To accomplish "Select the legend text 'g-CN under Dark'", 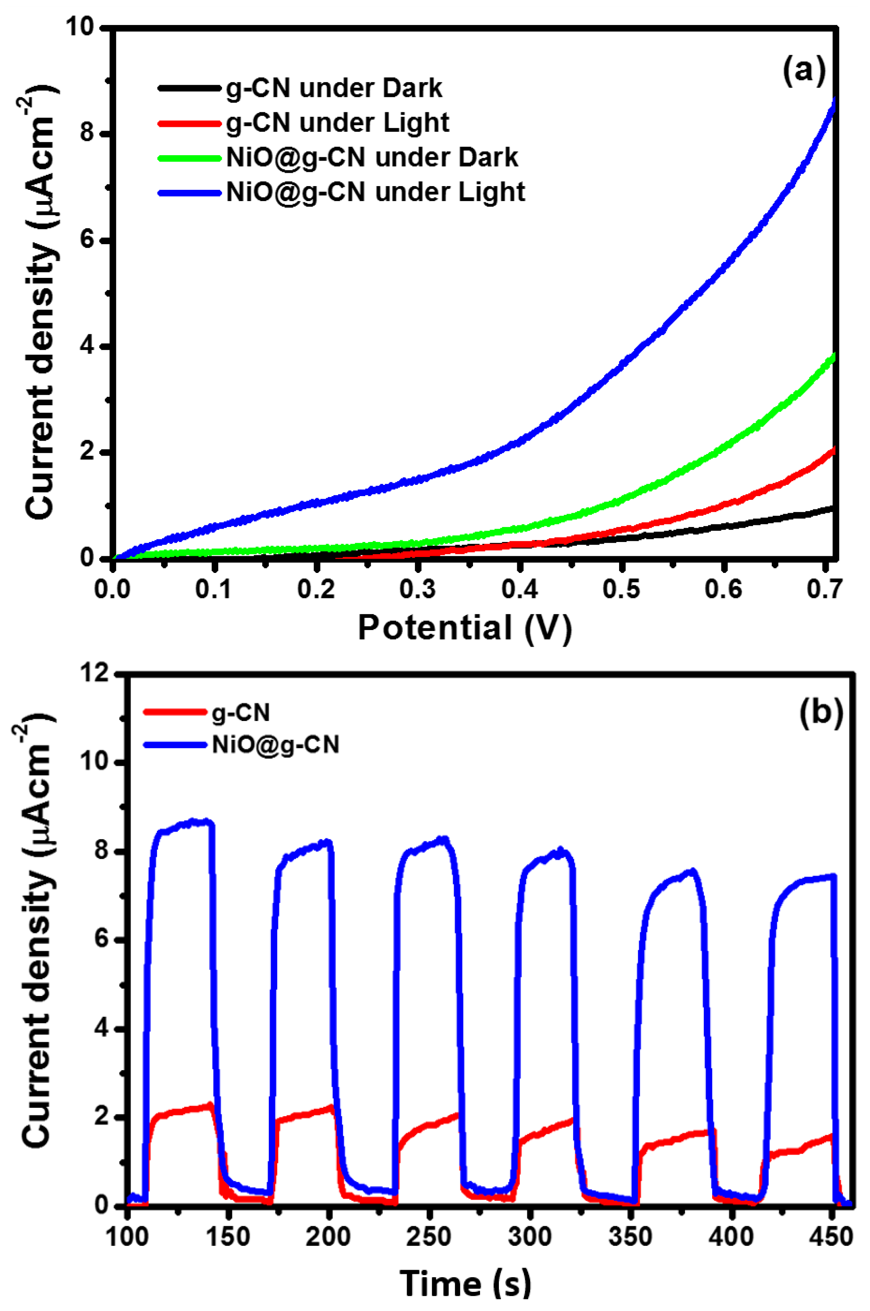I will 334,88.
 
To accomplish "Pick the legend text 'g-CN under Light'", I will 337,123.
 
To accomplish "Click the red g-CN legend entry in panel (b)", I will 241,712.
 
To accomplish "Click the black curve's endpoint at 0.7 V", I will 833,507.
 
